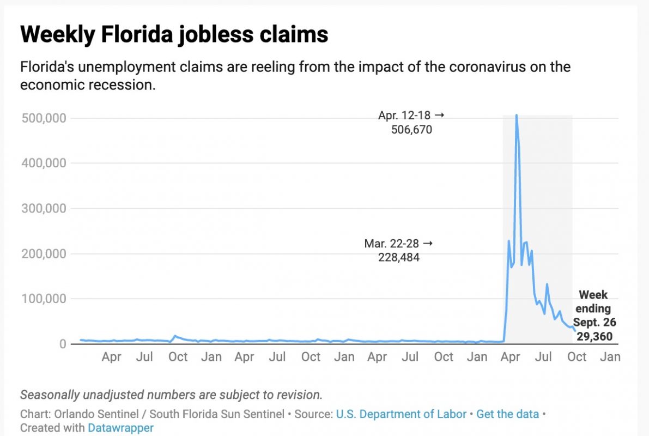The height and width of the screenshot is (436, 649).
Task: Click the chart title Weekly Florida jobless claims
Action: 174,35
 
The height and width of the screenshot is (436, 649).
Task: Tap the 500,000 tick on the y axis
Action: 44,118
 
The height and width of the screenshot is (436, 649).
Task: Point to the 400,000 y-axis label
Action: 44,163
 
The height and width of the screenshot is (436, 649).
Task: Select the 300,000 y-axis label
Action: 44,208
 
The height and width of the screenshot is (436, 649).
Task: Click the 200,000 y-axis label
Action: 44,253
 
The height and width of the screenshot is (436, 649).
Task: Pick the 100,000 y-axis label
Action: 44,299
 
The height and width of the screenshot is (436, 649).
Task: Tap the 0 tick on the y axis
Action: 63,344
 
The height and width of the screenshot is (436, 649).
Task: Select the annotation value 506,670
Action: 411,130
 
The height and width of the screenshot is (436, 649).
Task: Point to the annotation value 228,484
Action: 399,257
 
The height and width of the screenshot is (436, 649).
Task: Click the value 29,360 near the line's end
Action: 594,337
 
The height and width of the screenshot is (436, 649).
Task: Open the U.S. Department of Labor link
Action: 401,414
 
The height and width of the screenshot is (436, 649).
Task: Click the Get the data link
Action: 507,414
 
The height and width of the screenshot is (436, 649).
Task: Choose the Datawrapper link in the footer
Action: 120,428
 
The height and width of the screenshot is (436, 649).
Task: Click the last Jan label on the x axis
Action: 610,357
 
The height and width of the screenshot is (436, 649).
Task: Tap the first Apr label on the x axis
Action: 112,357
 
